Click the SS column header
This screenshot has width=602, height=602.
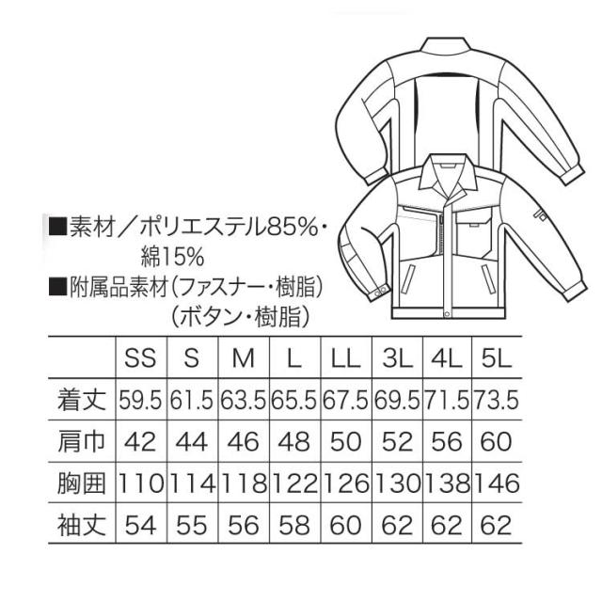tap(140, 358)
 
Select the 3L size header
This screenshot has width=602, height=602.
tap(397, 358)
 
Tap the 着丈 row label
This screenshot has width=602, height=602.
tap(82, 400)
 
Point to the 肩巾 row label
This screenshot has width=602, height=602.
tap(82, 441)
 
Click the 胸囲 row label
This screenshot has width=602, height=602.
tap(82, 483)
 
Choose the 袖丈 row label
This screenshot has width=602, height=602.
tap(82, 525)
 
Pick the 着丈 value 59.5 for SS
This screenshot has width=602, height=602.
tap(140, 400)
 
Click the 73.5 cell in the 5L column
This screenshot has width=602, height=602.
tap(497, 400)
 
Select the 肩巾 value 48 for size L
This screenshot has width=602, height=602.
tap(294, 441)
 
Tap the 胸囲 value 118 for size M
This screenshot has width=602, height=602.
tap(244, 483)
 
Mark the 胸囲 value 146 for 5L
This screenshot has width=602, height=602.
tap(497, 483)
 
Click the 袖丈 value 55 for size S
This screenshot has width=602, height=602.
tap(192, 525)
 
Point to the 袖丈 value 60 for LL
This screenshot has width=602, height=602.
tap(345, 525)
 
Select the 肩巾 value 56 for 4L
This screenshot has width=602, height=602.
tap(447, 441)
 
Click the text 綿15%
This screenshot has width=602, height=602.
tap(172, 257)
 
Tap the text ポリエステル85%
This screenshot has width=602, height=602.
tap(229, 228)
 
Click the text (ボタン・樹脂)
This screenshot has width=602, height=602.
tap(241, 316)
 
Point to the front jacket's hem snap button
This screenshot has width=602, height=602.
tap(447, 314)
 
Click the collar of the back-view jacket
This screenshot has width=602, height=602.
tap(445, 44)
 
